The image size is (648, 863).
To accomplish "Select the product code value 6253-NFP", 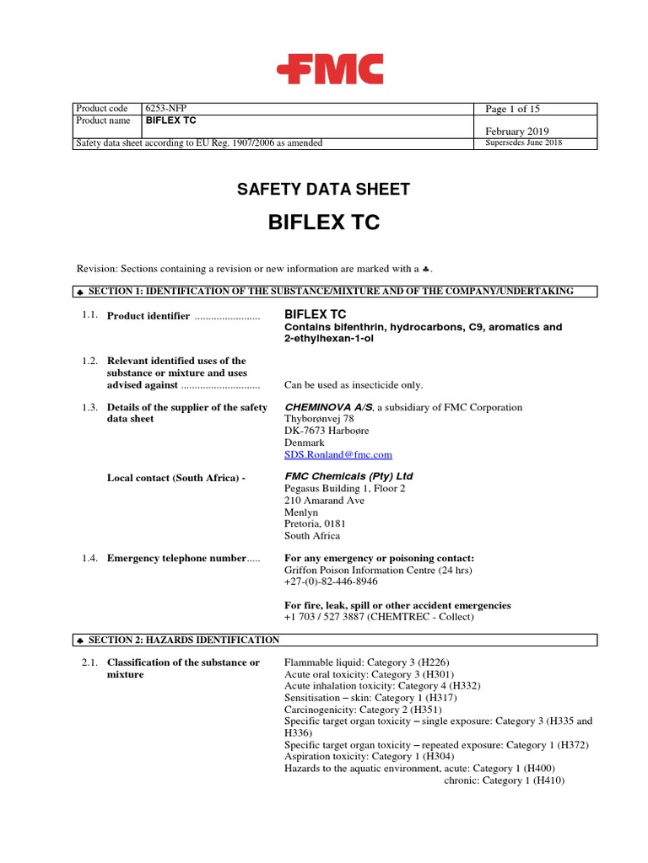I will click(x=170, y=109).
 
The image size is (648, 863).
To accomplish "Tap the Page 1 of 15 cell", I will click(x=512, y=109).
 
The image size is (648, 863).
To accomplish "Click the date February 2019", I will click(x=516, y=131).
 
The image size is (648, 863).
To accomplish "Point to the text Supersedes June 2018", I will click(x=524, y=143).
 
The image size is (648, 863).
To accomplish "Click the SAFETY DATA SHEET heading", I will click(x=323, y=190).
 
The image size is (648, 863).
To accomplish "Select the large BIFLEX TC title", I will click(x=323, y=222).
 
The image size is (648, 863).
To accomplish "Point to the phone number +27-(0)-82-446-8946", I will click(x=331, y=582).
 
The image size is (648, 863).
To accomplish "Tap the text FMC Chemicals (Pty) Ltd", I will click(x=348, y=476).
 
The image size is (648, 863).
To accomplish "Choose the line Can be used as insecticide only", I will click(x=354, y=385).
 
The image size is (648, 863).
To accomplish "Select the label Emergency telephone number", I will click(x=176, y=558).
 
